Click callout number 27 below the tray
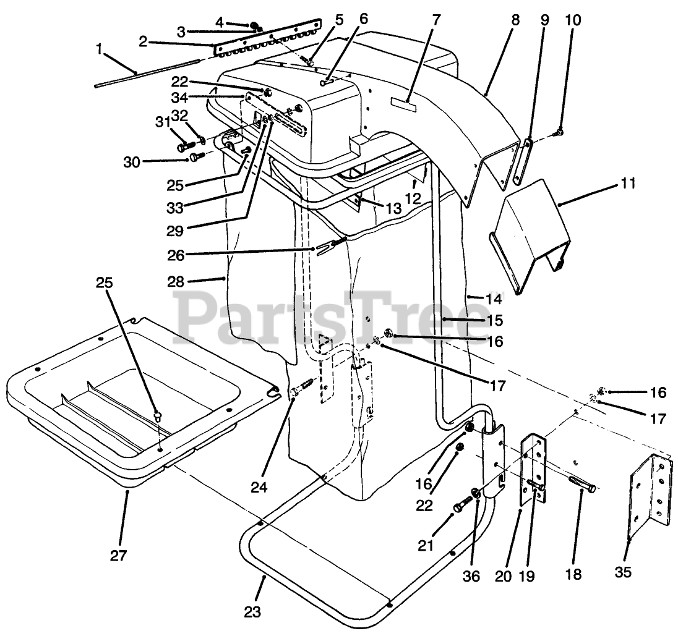click(118, 555)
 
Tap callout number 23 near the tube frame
click(252, 613)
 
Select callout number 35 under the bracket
click(624, 573)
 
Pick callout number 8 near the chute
click(515, 19)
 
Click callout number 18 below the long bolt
click(573, 574)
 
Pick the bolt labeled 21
click(462, 505)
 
